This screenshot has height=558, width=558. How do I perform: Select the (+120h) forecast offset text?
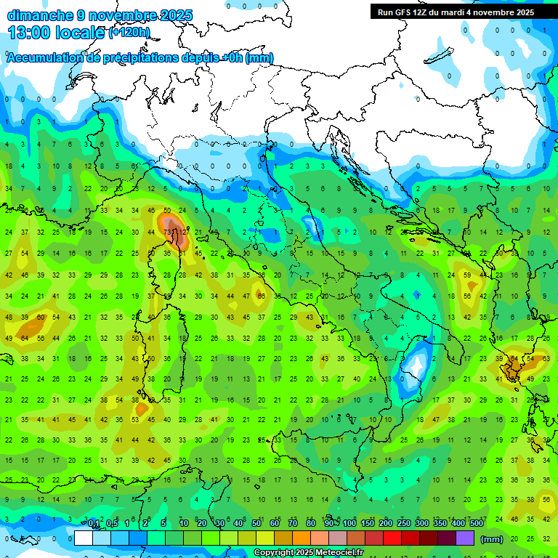point(129,33)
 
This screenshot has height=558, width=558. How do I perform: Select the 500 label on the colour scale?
point(477,524)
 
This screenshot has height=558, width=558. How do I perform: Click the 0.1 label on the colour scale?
point(94,524)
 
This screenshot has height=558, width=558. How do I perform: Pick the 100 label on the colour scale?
point(349,524)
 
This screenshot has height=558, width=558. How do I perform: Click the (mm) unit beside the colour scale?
point(492,539)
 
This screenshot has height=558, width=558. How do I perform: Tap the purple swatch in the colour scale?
point(465,538)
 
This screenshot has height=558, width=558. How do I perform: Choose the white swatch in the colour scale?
point(84,538)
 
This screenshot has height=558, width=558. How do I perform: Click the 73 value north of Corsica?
point(169,232)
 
